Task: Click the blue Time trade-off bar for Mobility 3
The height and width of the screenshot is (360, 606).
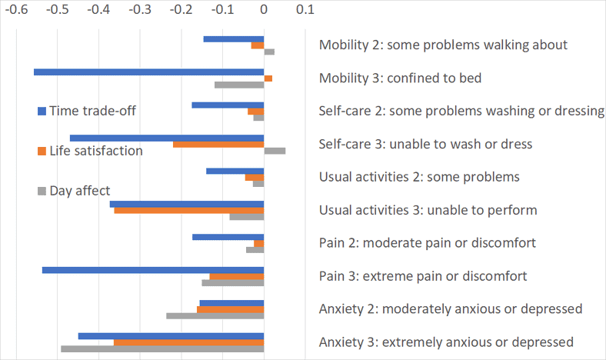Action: click(x=148, y=72)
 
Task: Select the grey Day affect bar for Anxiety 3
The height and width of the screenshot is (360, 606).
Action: click(x=162, y=349)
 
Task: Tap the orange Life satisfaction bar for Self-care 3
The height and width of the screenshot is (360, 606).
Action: click(x=218, y=145)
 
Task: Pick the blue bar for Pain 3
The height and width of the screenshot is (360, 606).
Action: click(x=153, y=270)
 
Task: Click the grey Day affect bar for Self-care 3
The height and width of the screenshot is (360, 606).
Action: click(x=275, y=151)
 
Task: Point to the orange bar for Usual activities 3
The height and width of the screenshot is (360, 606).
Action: click(x=189, y=210)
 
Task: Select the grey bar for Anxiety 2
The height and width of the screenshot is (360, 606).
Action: click(x=215, y=316)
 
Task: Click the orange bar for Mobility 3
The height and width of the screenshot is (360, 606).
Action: click(x=268, y=78)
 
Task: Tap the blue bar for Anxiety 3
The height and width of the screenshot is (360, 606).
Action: click(x=171, y=336)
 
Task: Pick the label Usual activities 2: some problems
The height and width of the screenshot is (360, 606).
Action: click(x=419, y=177)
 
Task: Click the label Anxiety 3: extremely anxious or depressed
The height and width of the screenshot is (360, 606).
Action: click(x=446, y=342)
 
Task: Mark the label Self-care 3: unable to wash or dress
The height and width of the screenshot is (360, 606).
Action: click(x=425, y=144)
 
